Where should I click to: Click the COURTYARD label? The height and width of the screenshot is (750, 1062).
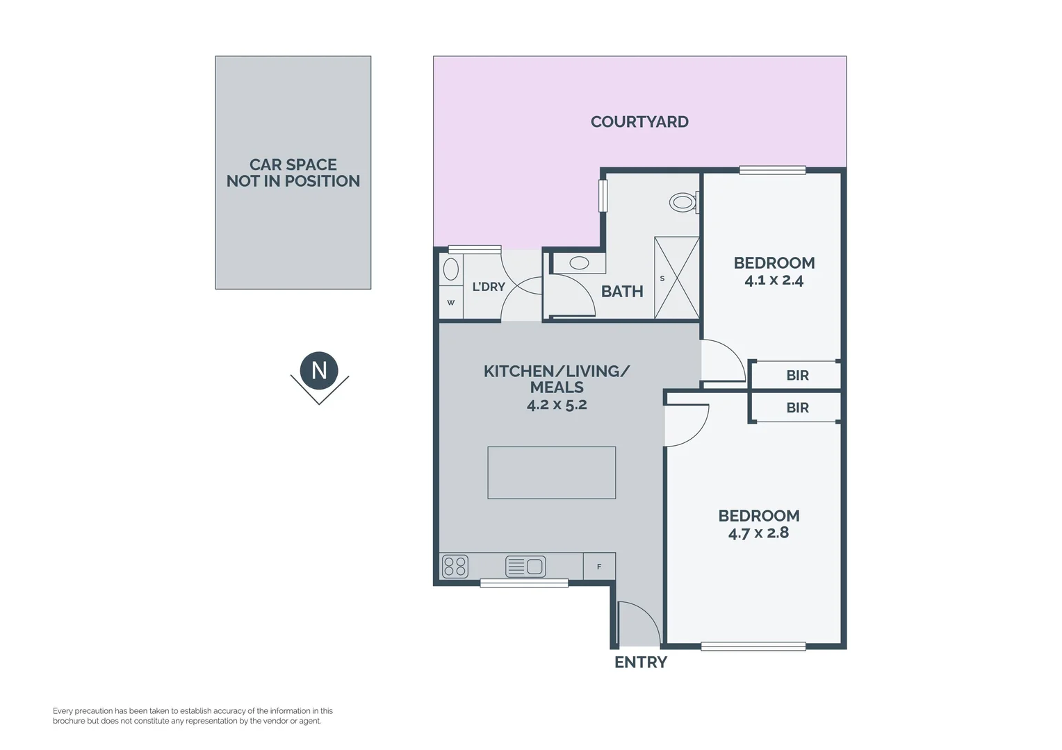pos(639,122)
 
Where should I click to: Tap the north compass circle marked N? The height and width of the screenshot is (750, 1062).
pos(319,371)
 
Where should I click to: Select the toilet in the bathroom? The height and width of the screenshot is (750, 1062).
pos(684,202)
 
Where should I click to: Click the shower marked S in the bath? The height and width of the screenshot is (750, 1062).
pos(676,278)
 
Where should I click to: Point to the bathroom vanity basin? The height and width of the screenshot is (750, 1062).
pos(579,262)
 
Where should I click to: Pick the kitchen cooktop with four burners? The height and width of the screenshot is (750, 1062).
pos(455,567)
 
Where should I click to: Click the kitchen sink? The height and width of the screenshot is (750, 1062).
pos(525,567)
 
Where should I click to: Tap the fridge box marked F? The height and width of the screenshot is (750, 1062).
pos(599,566)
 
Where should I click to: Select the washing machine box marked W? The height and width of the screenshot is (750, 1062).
pos(451,302)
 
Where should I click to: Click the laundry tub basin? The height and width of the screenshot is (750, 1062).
pos(451,269)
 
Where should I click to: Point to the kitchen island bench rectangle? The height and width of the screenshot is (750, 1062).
pos(552,472)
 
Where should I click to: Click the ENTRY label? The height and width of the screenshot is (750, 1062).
pos(641,662)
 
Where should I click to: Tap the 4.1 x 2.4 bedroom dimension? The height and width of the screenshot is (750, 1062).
pos(774,281)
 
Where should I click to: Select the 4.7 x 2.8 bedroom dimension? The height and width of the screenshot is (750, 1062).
pos(758,533)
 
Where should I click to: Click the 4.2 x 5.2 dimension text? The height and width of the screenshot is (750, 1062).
pos(557,405)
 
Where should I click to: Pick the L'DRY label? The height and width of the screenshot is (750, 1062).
pos(489,287)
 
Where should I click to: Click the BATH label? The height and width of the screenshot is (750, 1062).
pos(622,292)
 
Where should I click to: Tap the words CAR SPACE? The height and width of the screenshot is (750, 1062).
pos(293,165)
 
